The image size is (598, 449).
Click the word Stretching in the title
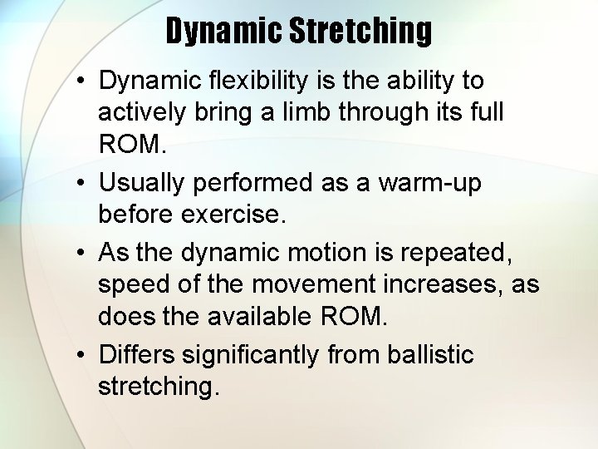pos(360,31)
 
